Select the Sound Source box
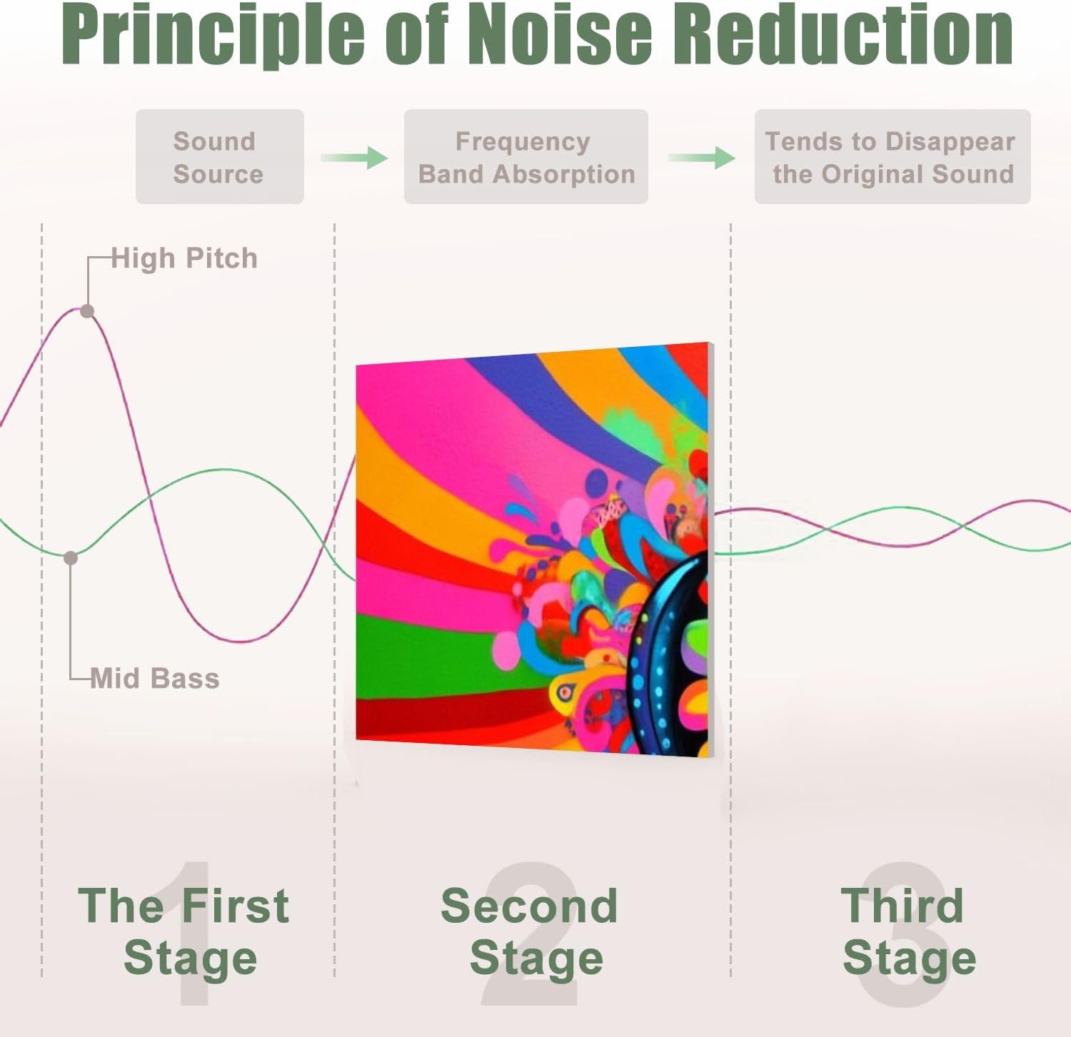(220, 156)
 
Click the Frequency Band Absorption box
(526, 156)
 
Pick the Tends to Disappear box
(892, 156)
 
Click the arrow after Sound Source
(354, 157)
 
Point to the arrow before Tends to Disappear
(702, 157)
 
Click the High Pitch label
(184, 258)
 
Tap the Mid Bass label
(155, 678)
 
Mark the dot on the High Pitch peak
(87, 311)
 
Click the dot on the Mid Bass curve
(71, 558)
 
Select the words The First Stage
(184, 931)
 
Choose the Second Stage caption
(530, 931)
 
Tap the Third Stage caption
(908, 931)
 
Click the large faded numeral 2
(529, 935)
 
